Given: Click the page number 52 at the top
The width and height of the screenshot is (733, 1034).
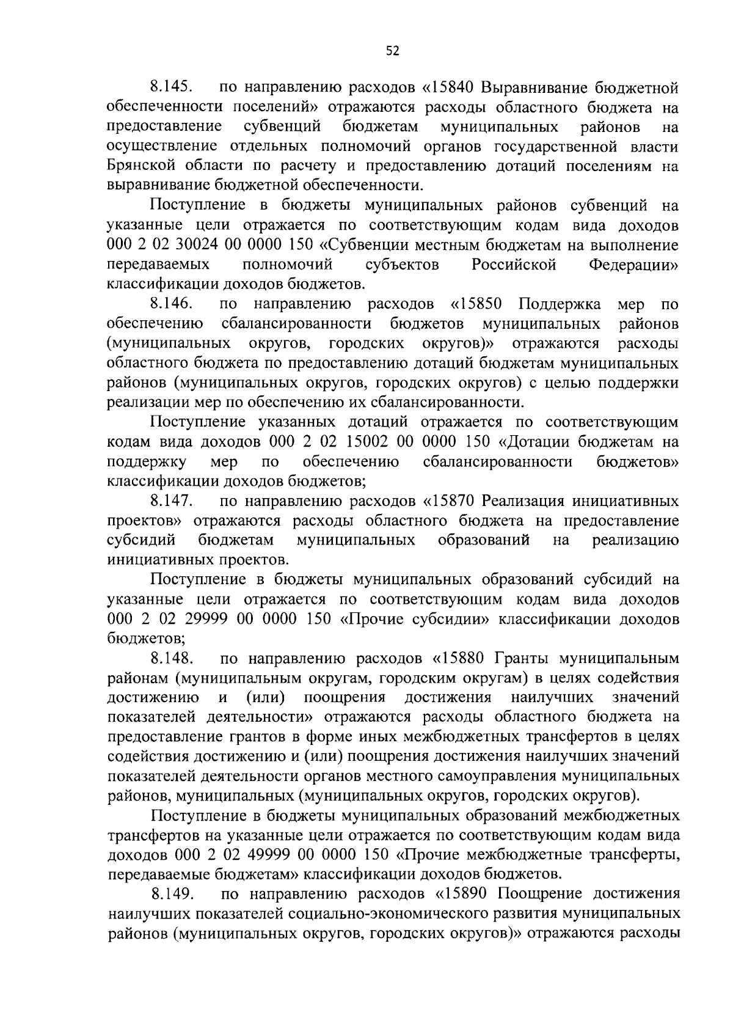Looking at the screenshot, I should click(392, 52).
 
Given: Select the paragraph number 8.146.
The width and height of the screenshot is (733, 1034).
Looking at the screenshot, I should click(172, 304).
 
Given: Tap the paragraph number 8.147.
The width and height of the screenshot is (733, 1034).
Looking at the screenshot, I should click(172, 501).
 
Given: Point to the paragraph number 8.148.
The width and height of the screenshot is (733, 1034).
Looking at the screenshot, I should click(172, 658).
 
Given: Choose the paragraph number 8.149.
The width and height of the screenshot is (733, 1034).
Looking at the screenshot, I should click(172, 895).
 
